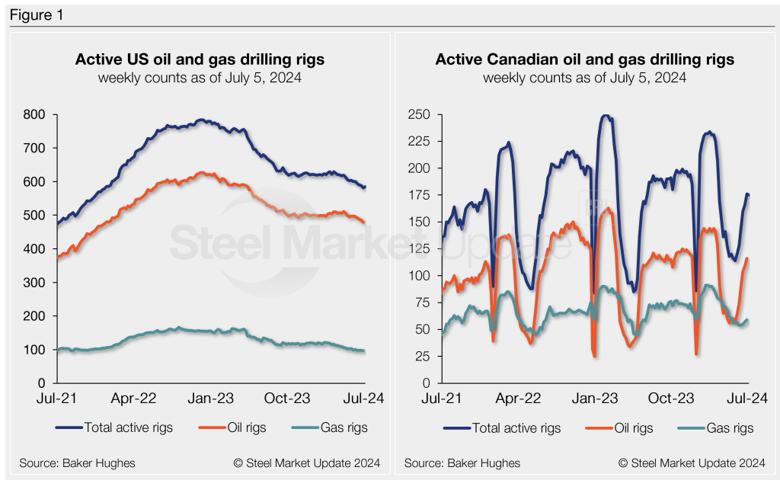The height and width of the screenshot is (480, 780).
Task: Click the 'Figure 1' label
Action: click(x=37, y=15)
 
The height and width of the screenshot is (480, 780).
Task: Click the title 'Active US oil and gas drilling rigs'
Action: click(x=200, y=59)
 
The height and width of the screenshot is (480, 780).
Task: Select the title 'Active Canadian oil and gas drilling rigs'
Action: click(x=584, y=59)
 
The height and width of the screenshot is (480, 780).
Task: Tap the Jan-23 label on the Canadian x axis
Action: click(x=596, y=398)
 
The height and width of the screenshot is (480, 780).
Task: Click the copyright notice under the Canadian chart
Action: click(x=692, y=462)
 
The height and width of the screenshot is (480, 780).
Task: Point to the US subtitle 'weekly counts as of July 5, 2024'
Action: click(x=200, y=78)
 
